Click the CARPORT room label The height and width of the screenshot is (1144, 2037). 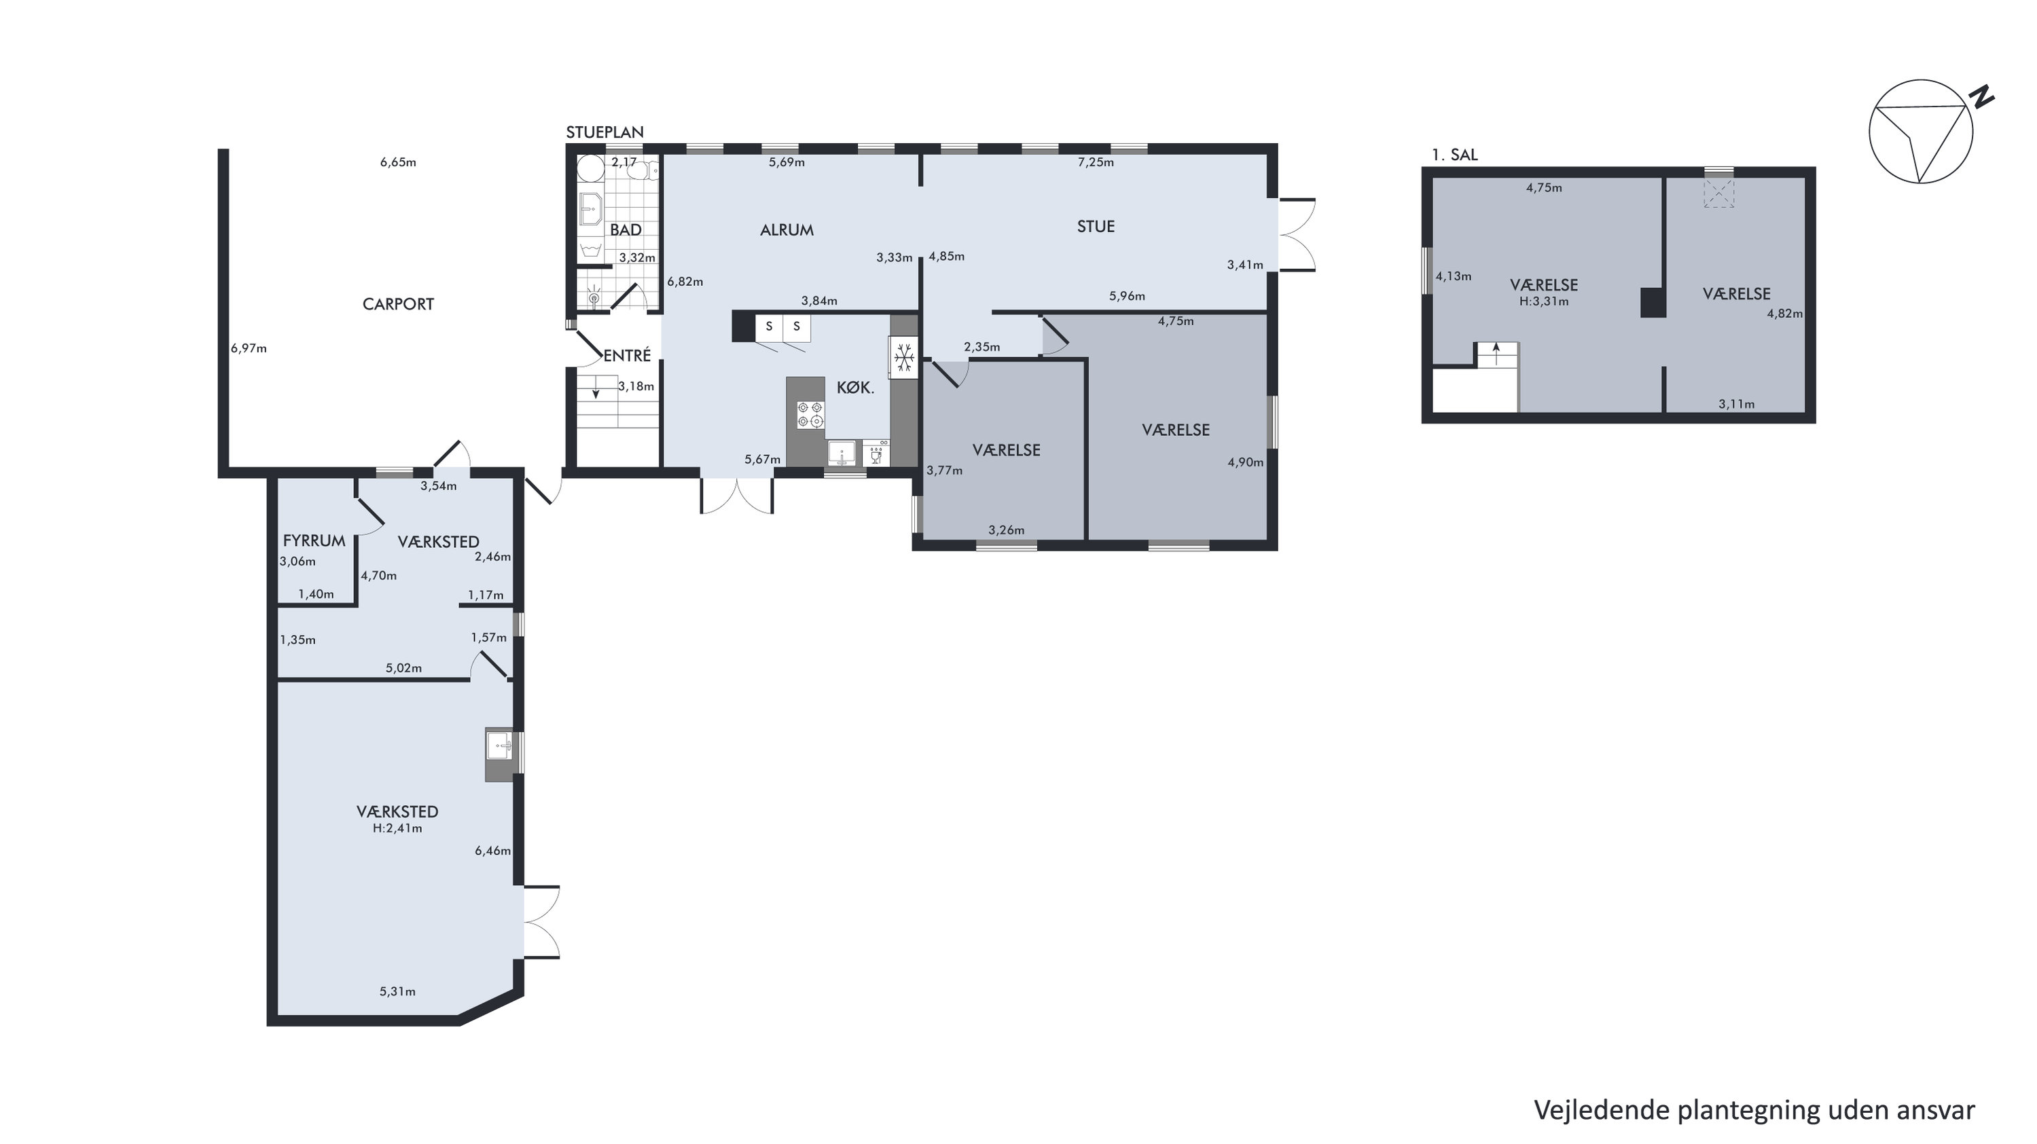(398, 304)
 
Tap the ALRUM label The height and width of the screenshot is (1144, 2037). (787, 230)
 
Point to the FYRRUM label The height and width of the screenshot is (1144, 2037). (314, 541)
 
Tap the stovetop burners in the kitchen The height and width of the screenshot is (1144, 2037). (810, 414)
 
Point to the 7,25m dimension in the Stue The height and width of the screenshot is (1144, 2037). (1096, 162)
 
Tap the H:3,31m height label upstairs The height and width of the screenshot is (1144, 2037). (1544, 301)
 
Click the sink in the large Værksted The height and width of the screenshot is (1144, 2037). (500, 745)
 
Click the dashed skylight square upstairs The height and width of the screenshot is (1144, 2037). (1718, 193)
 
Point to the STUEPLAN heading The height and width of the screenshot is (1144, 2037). (605, 132)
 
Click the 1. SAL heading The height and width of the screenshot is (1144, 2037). (1454, 155)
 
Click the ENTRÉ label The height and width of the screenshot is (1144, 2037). (627, 356)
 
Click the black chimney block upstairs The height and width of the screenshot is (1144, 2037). (1653, 302)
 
